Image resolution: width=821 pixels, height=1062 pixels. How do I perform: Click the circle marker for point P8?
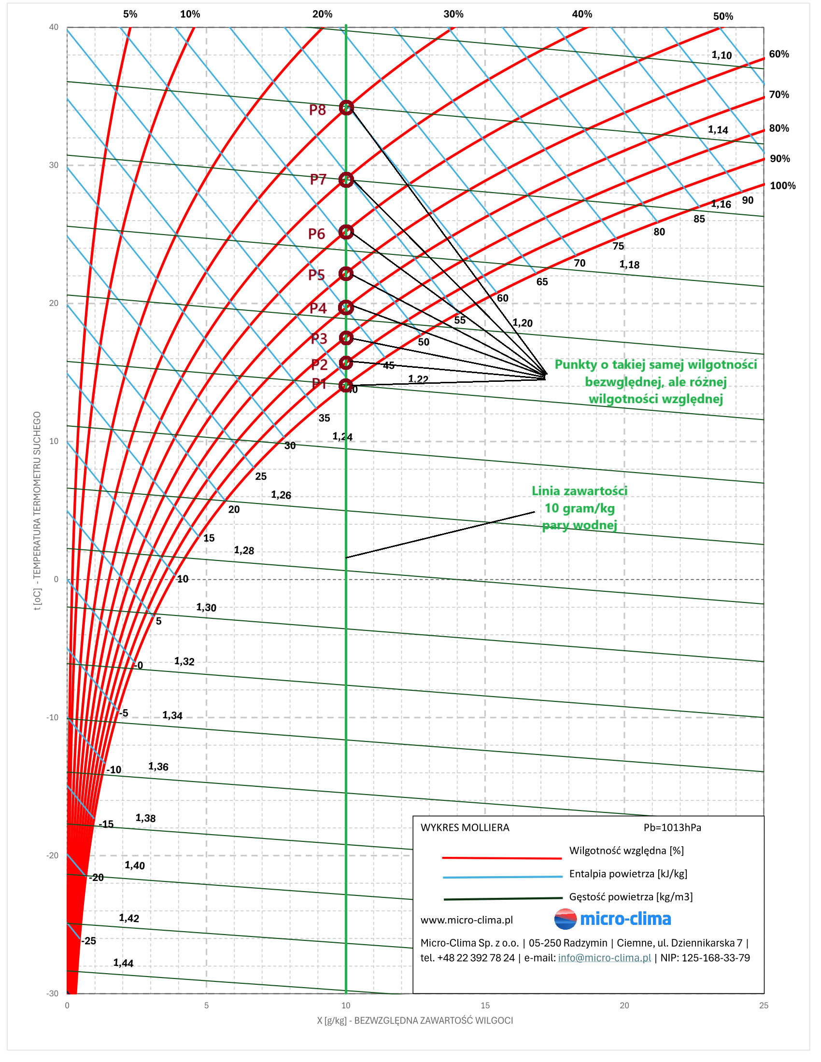346,108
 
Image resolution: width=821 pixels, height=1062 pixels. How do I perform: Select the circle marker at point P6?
346,232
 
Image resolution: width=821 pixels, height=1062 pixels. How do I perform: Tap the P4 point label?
318,308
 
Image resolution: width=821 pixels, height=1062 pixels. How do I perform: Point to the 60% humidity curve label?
779,54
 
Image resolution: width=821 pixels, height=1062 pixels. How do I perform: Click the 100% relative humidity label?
782,185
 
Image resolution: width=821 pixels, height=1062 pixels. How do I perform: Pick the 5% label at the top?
130,14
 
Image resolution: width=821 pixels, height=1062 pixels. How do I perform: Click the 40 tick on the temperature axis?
54,27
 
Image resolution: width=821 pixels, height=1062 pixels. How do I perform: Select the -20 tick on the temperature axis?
52,855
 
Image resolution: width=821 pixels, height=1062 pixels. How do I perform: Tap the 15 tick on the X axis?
485,1005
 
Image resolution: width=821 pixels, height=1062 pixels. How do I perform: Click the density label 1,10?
722,55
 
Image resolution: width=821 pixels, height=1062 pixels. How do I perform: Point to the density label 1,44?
123,963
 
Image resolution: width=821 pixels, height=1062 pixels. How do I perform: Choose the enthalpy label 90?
748,200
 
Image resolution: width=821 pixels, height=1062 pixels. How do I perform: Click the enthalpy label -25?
88,941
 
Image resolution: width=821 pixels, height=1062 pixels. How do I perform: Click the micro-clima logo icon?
565,919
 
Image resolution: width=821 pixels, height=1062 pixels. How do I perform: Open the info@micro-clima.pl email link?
604,957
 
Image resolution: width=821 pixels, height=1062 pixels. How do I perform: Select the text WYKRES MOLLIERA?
465,827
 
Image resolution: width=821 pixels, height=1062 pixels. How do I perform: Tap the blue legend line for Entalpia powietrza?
502,877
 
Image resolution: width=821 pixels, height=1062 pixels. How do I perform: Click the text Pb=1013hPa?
672,827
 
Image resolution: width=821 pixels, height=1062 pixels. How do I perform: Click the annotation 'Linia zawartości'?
579,490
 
